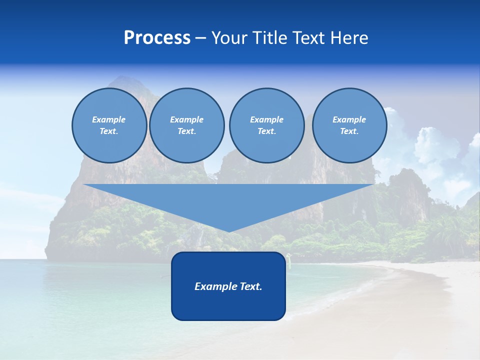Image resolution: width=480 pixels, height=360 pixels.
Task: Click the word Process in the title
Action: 157,38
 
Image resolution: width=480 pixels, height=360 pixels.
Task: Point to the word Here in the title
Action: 349,38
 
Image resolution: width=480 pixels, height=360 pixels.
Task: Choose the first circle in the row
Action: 109,125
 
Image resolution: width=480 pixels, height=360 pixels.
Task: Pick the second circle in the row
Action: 186,125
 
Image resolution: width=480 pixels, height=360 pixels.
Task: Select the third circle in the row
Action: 266,125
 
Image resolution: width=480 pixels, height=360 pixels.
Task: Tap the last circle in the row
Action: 349,125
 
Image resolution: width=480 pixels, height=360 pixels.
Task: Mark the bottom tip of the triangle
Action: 228,231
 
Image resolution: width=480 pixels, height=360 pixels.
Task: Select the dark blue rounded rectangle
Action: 228,286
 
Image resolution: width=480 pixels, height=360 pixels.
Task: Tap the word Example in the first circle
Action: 109,119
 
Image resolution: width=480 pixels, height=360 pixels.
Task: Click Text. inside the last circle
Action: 349,131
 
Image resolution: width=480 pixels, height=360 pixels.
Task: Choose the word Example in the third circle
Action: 266,119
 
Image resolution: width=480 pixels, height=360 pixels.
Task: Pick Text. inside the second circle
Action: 186,131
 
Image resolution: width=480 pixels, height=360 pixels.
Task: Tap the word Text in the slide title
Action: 310,38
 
